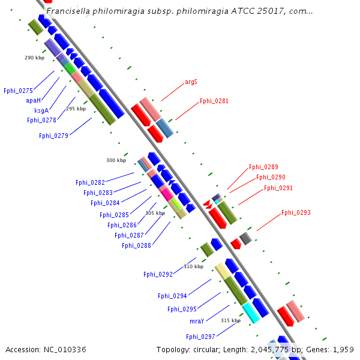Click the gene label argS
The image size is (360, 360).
click(191, 82)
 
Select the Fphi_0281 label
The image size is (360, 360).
click(214, 101)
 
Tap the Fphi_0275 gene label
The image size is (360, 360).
click(18, 91)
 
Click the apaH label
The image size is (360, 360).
click(34, 100)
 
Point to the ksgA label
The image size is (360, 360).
click(41, 110)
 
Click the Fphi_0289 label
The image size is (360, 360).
click(263, 167)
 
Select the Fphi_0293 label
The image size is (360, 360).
click(296, 212)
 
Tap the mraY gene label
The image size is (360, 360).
click(197, 321)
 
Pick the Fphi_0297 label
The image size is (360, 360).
click(200, 337)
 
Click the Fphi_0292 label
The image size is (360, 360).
click(158, 274)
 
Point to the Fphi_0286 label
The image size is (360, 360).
click(122, 225)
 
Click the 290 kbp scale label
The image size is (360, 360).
click(34, 58)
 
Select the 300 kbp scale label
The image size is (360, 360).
click(116, 160)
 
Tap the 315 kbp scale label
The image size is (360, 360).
click(230, 320)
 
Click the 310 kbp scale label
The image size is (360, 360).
click(193, 266)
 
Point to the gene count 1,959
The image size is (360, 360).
click(343, 349)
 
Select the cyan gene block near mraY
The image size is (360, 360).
click(251, 312)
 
